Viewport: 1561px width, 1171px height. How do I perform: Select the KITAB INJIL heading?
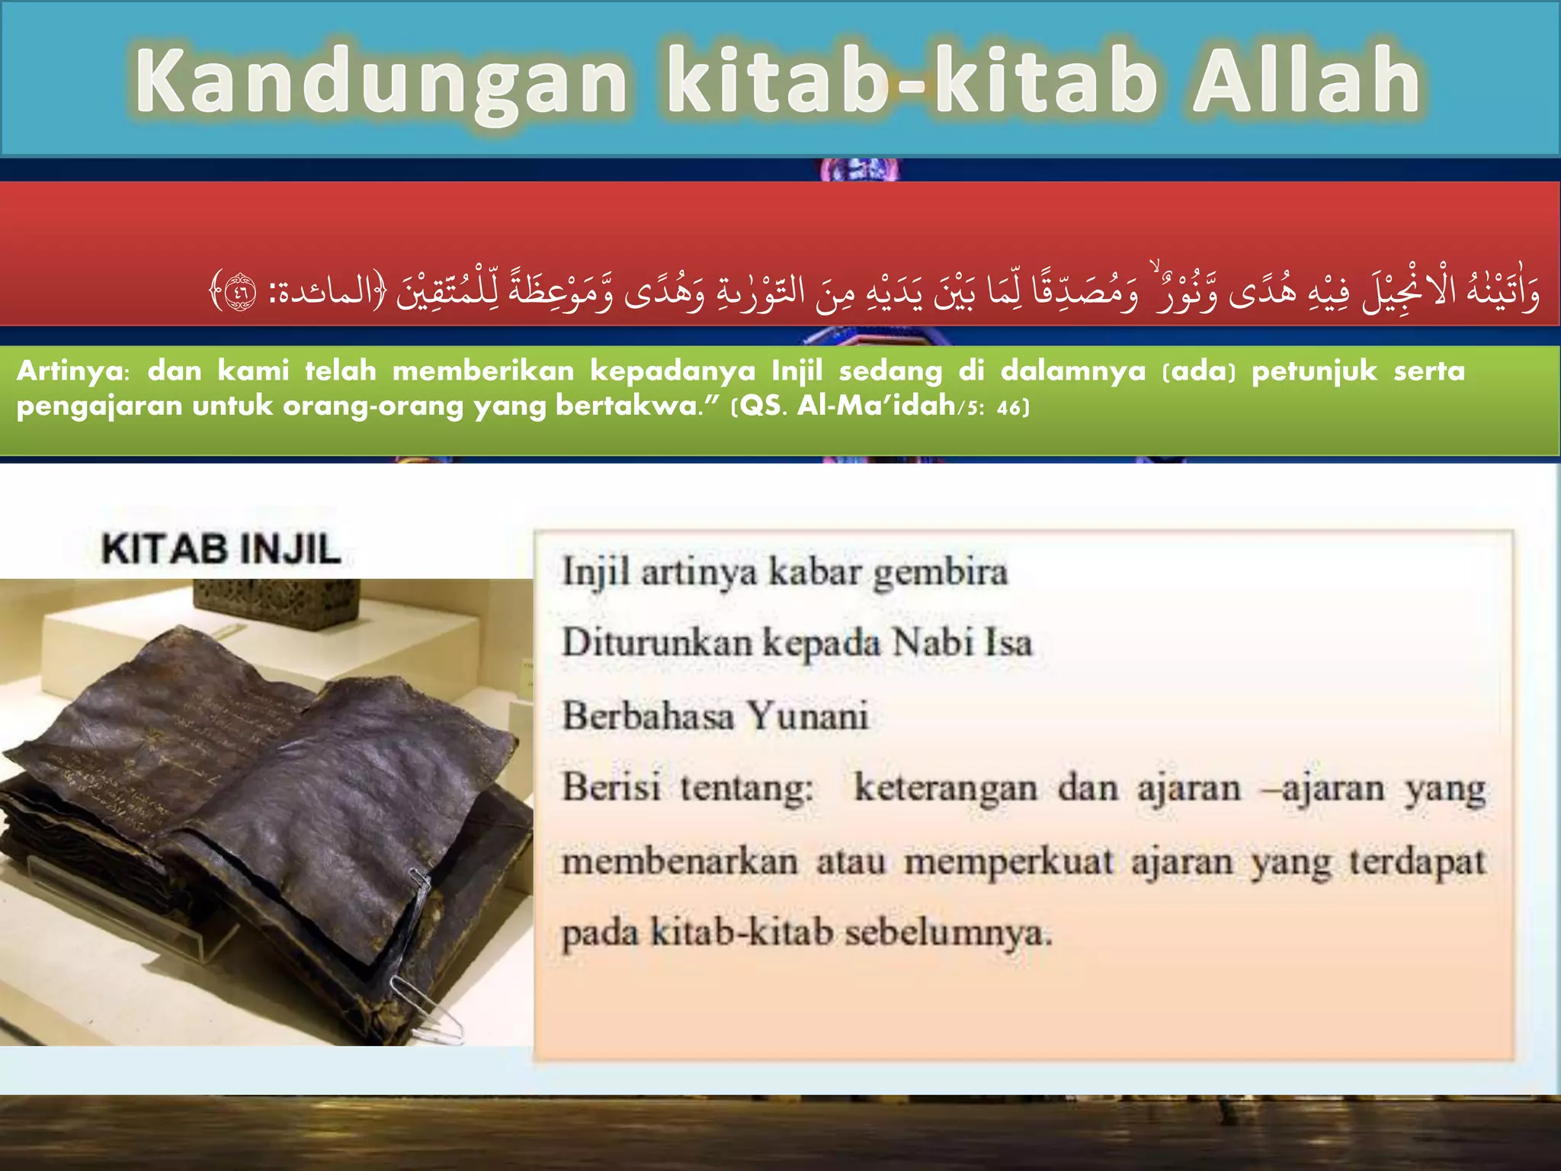[x=221, y=550]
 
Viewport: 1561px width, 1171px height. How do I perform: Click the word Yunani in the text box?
[x=807, y=716]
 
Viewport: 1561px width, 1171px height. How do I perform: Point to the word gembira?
[x=941, y=573]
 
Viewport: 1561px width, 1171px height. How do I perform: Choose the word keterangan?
[x=945, y=788]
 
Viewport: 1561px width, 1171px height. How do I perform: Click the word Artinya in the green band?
[x=73, y=371]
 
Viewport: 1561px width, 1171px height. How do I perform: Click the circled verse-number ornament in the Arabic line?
[x=241, y=292]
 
